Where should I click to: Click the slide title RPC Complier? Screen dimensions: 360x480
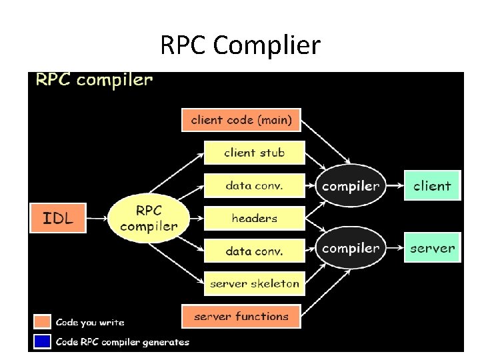[240, 45]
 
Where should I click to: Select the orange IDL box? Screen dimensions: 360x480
[58, 217]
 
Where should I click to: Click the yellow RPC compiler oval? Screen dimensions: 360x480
[149, 218]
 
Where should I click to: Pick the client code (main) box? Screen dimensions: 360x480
[241, 120]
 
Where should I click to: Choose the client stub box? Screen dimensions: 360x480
[254, 153]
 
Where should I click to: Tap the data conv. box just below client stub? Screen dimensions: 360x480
[254, 185]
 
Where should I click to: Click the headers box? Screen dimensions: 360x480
[254, 218]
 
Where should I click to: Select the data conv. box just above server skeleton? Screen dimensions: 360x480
[254, 251]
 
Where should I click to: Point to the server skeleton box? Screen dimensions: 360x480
[254, 283]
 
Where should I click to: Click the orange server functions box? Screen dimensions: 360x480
[241, 316]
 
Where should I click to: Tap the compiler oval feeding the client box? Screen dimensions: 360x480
[350, 186]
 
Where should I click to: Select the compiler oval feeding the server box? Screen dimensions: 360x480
[350, 248]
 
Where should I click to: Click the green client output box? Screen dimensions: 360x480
[432, 186]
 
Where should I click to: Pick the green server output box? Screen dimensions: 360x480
[432, 249]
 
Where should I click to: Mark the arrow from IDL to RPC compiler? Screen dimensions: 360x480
[97, 218]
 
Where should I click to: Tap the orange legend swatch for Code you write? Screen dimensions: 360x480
[42, 322]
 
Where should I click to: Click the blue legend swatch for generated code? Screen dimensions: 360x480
[42, 341]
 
